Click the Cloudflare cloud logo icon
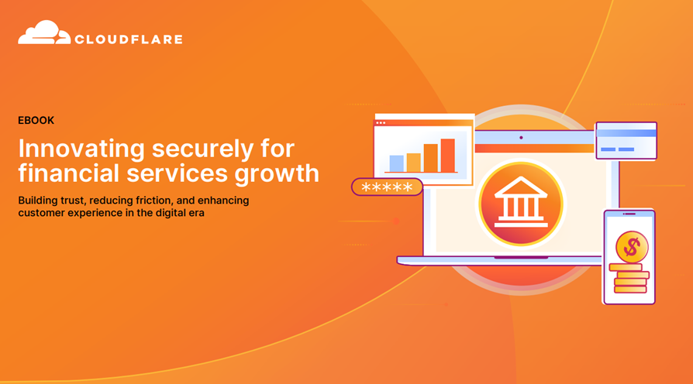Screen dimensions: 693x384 [43, 33]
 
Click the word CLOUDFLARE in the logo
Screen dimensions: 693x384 [129, 39]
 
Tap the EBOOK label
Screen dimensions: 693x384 [36, 121]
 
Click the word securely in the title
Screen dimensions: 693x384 [203, 150]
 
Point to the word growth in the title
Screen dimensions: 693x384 [277, 173]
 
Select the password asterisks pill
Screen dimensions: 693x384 [387, 187]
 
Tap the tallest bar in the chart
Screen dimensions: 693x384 [448, 155]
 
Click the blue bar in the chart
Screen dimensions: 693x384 [396, 163]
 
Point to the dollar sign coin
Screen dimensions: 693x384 [632, 247]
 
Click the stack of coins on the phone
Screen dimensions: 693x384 [629, 278]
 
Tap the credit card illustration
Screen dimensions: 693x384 [626, 140]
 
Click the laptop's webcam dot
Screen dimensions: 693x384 [521, 138]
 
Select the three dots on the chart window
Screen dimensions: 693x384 [381, 123]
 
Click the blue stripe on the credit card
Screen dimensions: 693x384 [626, 133]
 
